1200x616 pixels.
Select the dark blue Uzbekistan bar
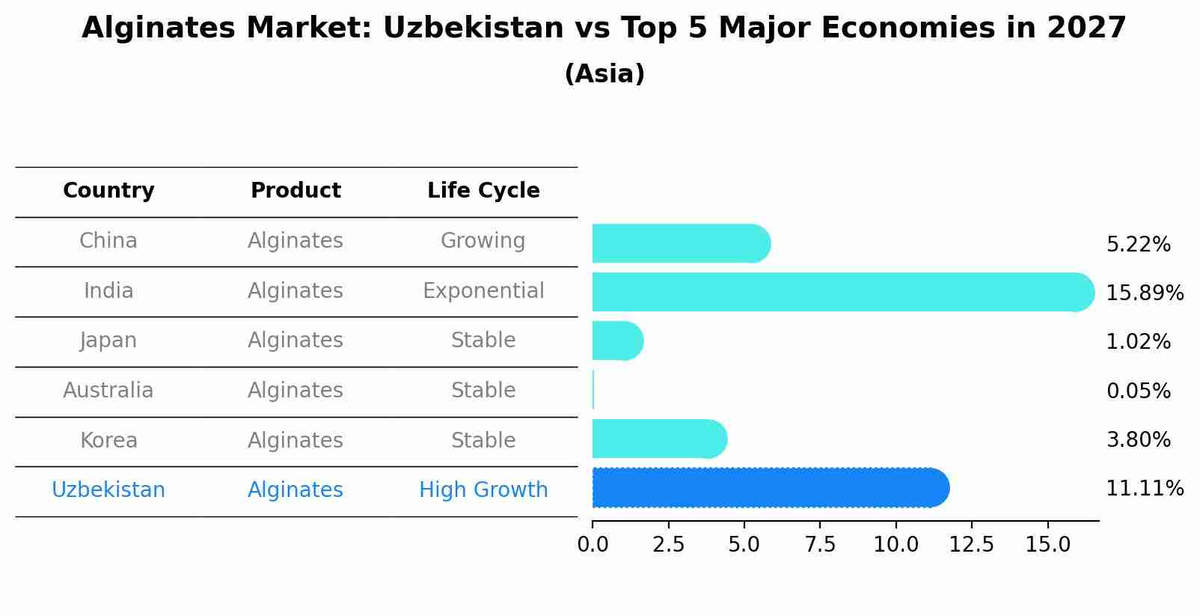771,488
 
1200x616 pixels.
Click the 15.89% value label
1144,293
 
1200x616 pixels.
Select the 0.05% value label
1138,391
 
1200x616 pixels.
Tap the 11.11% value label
1144,489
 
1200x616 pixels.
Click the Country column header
108,191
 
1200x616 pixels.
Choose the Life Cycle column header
483,191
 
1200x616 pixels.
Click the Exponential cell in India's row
483,291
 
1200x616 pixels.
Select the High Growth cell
483,490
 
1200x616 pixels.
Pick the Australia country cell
108,391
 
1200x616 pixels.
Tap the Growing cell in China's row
483,241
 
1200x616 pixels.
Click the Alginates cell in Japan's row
296,341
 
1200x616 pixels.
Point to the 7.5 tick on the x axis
820,545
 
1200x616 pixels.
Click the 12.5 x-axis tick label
971,545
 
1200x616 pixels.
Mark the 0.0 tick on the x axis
593,545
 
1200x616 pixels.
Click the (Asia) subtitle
604,74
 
